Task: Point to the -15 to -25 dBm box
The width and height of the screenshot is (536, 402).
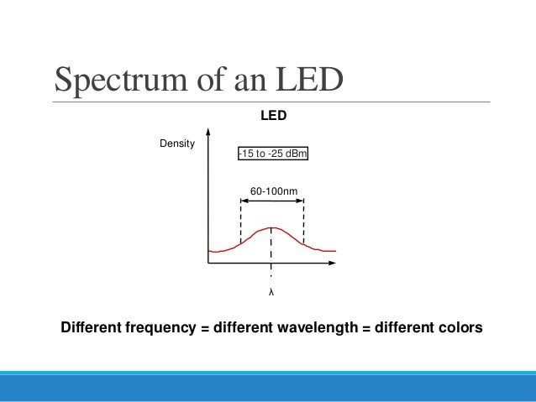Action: coord(272,154)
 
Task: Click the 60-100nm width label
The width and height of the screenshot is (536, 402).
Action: coord(272,193)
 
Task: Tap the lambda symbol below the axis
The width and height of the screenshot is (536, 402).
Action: coord(271,293)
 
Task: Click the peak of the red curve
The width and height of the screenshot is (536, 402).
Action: coord(271,227)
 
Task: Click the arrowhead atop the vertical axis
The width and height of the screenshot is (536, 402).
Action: coord(208,132)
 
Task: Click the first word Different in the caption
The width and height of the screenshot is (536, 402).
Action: coord(91,329)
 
